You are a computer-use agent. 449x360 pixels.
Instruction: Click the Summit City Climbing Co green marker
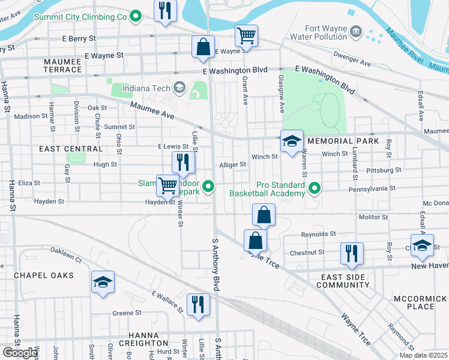click(136, 17)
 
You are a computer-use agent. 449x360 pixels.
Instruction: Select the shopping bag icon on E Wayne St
click(203, 47)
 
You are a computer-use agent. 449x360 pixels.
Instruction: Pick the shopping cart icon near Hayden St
click(167, 185)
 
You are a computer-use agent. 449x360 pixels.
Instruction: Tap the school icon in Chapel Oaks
click(103, 282)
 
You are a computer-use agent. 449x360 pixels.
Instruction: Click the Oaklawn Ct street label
click(65, 254)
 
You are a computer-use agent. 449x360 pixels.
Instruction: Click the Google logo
click(20, 353)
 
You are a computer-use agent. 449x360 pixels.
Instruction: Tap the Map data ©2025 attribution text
click(423, 355)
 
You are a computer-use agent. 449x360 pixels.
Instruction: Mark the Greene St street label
click(127, 313)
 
